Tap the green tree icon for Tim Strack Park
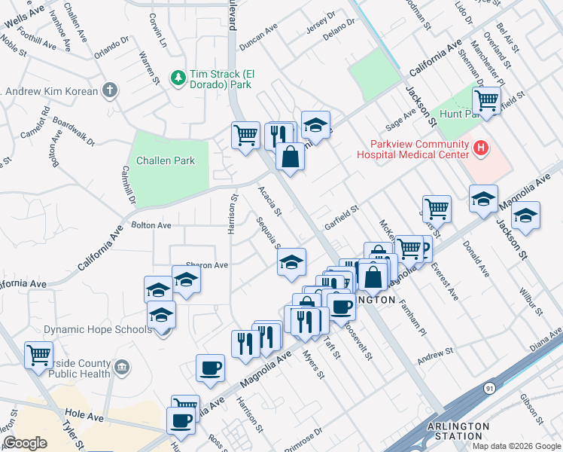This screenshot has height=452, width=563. click(x=178, y=77)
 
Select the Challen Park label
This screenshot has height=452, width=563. click(x=166, y=160)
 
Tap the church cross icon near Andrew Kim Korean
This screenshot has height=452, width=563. click(x=110, y=91)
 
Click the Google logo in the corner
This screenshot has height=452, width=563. click(x=25, y=443)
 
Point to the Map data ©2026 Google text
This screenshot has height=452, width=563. click(x=516, y=446)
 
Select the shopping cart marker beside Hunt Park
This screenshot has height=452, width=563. click(x=487, y=99)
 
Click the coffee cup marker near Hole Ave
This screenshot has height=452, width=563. click(x=181, y=421)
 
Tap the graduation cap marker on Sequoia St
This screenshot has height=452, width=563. click(x=291, y=262)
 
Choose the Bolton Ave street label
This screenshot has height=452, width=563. click(x=151, y=225)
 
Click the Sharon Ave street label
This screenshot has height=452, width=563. click(x=206, y=265)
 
